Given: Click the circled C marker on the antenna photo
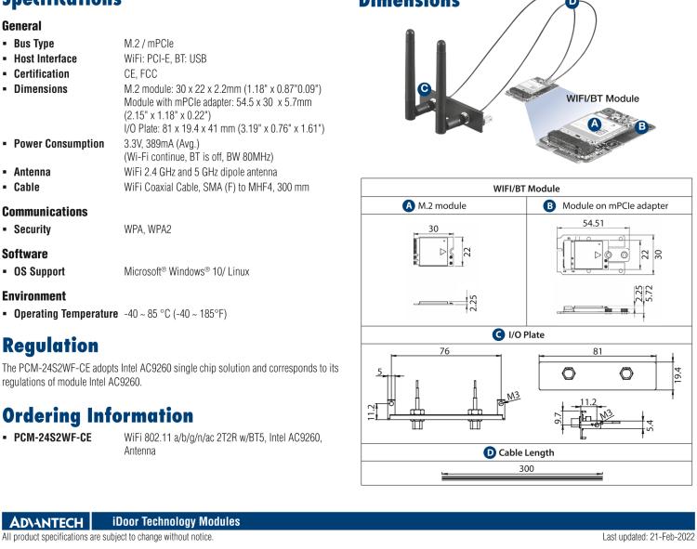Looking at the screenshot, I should point(425,89).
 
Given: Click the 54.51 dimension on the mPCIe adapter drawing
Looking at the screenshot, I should point(608,224).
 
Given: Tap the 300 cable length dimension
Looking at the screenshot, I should point(527,470).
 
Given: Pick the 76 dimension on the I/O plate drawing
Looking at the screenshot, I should point(442,351).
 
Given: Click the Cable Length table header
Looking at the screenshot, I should point(527,452).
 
